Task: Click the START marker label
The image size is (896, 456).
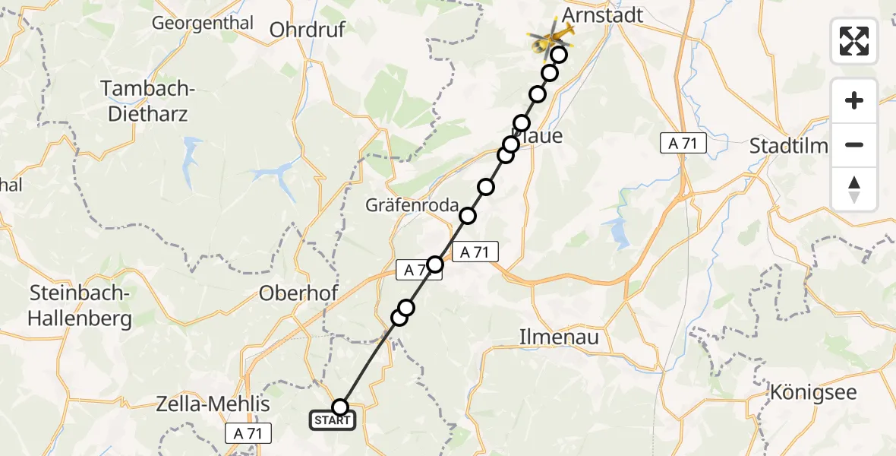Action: click(332, 420)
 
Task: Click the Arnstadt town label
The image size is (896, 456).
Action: click(603, 14)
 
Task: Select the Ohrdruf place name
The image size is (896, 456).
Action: click(308, 30)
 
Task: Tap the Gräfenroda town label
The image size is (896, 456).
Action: click(412, 205)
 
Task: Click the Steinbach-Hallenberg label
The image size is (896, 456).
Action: click(80, 306)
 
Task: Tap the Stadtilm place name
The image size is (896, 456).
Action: click(788, 146)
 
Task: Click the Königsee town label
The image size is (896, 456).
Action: click(812, 393)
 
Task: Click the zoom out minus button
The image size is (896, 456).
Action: click(854, 144)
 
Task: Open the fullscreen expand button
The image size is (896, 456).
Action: click(854, 41)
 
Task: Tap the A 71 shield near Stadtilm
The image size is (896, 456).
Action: click(683, 143)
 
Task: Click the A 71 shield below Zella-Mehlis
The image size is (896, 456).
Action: click(248, 433)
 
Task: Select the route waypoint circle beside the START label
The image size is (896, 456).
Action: click(340, 407)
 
